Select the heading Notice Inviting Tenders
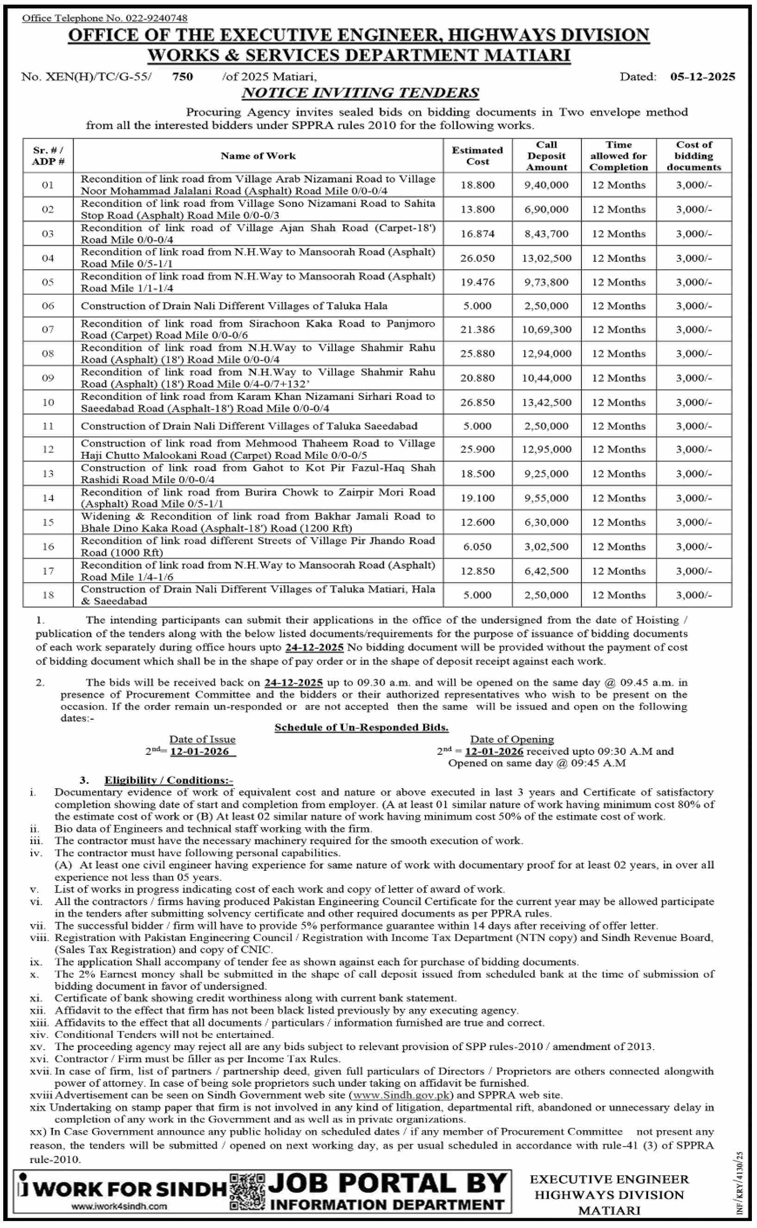point(360,93)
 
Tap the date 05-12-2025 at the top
point(702,76)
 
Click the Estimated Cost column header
point(477,156)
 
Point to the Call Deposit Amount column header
point(546,156)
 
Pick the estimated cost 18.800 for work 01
point(477,185)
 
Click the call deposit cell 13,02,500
point(546,258)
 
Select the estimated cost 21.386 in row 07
point(477,329)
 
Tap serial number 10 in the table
point(48,402)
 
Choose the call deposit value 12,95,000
point(546,449)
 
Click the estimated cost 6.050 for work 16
point(477,547)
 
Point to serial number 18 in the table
point(48,595)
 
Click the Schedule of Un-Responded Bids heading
point(361,727)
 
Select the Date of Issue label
point(202,739)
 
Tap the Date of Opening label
point(512,739)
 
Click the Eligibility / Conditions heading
point(168,780)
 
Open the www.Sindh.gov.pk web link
point(401,1095)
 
